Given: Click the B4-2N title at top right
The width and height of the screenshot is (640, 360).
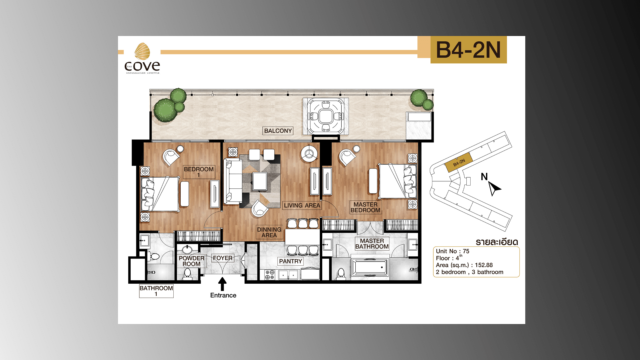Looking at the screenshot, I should click(468, 50).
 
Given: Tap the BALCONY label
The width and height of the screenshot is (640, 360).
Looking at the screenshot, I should click(278, 131).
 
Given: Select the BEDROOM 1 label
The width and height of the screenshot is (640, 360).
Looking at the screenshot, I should click(199, 172).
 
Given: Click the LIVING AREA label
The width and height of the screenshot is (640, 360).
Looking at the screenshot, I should click(302, 205).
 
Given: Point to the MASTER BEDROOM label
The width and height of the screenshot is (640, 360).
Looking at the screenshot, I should click(365, 207).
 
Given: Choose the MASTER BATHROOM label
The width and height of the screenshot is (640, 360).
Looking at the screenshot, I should click(372, 244).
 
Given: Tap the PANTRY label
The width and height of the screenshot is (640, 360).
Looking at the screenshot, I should click(290, 261).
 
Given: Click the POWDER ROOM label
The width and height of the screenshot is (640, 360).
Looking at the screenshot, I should click(191, 261).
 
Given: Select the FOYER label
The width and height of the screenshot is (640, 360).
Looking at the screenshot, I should click(223, 258).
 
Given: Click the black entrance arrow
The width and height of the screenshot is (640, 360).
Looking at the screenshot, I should click(222, 284).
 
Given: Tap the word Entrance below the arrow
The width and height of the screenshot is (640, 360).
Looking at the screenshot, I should click(223, 295).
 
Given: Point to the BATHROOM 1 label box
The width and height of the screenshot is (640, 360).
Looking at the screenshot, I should click(156, 291).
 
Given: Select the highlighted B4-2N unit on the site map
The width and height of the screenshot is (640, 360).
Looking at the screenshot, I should click(459, 163).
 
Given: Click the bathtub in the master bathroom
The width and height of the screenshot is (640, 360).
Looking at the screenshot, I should click(370, 267).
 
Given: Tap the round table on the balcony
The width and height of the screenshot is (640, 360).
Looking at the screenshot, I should click(325, 116).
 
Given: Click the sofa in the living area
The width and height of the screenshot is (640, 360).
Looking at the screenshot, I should click(232, 181).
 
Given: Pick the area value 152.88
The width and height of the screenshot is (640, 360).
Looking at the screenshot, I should click(484, 265).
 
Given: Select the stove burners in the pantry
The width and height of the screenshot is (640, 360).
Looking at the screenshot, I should click(270, 275).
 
